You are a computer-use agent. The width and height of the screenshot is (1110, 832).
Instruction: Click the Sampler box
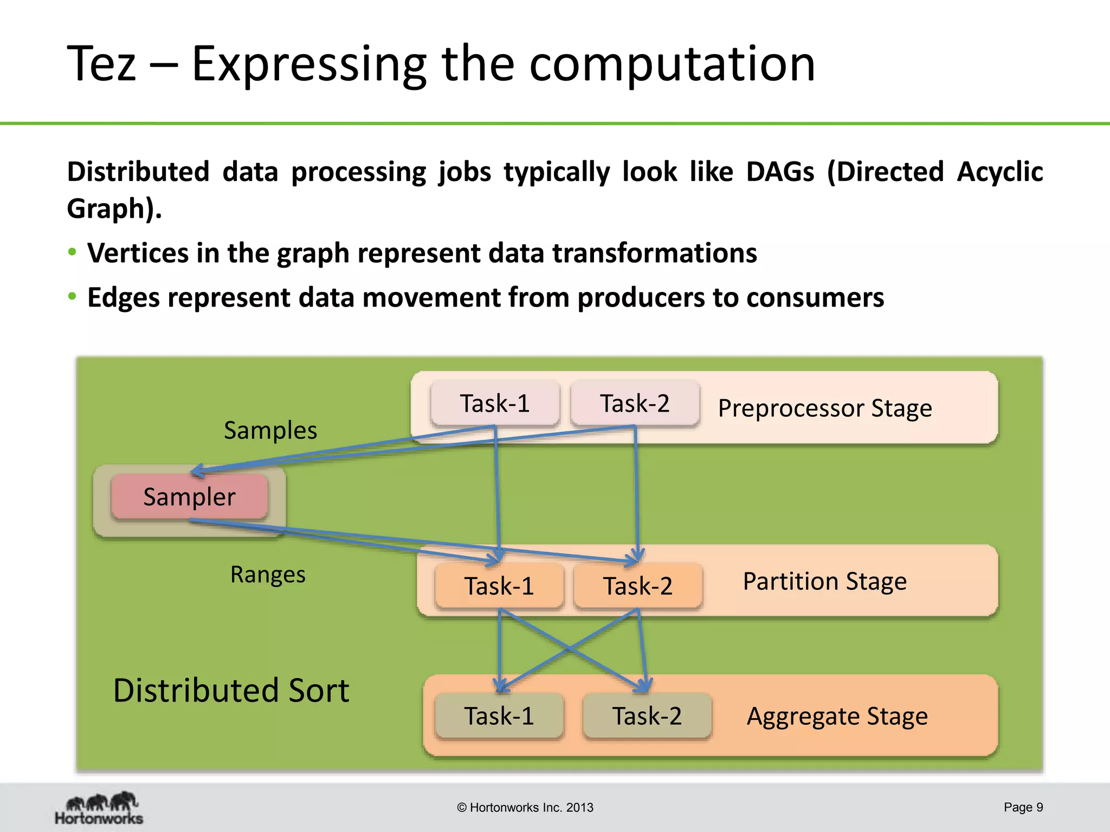[x=189, y=497]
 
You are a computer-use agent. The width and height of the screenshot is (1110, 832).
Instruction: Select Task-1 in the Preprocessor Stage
[x=494, y=403]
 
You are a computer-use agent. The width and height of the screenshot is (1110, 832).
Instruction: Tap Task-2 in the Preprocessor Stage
[x=635, y=403]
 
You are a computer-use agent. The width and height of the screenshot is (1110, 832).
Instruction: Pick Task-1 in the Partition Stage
[x=499, y=586]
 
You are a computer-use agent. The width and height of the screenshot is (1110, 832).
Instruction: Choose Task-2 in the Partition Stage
[x=638, y=586]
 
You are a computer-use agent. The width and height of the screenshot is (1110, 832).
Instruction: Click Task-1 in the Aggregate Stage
[x=499, y=716]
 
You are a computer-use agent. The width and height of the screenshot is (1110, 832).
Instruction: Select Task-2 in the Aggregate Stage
[x=647, y=716]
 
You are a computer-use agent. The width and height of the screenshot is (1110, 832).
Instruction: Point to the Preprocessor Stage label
[x=825, y=408]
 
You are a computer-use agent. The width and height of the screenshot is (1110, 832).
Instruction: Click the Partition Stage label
[x=824, y=581]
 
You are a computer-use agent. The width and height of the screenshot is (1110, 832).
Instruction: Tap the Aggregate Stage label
[x=837, y=716]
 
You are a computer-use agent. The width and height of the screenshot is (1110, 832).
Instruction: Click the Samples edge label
[x=270, y=431]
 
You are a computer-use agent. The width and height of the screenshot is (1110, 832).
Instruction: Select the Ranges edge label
[x=268, y=574]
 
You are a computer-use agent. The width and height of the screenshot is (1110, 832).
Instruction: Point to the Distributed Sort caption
[x=231, y=691]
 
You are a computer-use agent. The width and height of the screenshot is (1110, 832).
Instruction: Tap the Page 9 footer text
[x=1023, y=807]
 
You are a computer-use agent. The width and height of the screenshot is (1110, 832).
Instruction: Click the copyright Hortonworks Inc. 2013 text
[x=525, y=808]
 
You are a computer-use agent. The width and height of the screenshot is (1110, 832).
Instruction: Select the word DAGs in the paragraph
[x=780, y=172]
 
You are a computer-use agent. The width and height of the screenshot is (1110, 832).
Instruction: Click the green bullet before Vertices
[x=72, y=252]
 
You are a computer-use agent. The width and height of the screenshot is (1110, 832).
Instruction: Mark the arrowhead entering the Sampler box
[x=196, y=471]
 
